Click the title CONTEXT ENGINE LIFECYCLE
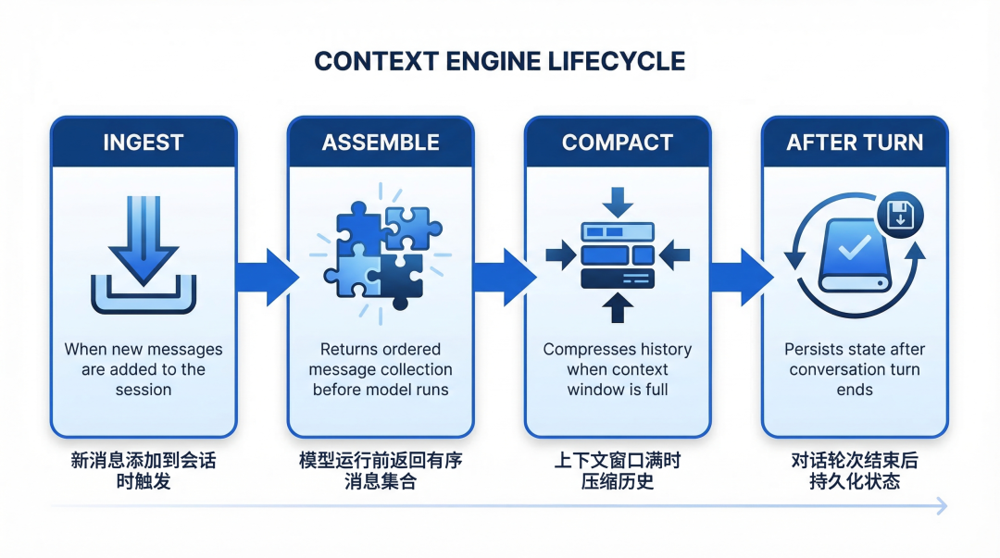coord(500,62)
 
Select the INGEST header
coord(143,143)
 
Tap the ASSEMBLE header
coord(381,143)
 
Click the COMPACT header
coord(618,143)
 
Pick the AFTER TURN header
coord(855,143)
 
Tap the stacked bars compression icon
coord(618,254)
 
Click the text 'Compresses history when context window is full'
coord(618,369)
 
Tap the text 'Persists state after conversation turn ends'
coord(855,369)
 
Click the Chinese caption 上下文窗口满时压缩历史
coord(618,471)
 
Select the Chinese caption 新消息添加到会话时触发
coord(143,471)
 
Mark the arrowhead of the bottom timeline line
coord(942,505)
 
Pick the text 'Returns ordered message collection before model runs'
coord(381,369)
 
